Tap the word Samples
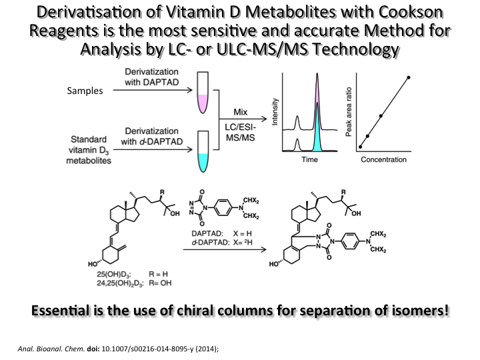pyautogui.click(x=85, y=91)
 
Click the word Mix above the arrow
pyautogui.click(x=243, y=111)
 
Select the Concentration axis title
pyautogui.click(x=383, y=160)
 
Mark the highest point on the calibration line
pyautogui.click(x=408, y=77)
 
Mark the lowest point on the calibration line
pyautogui.click(x=360, y=146)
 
